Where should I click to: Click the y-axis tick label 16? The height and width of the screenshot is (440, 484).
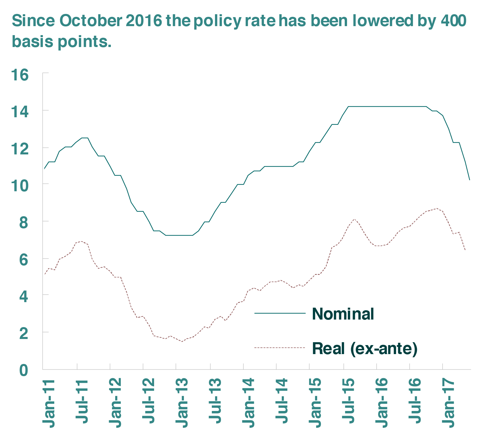pyautogui.click(x=20, y=75)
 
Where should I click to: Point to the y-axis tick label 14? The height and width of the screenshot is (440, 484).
pyautogui.click(x=20, y=112)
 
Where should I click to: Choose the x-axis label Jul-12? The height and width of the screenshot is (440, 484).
pyautogui.click(x=148, y=402)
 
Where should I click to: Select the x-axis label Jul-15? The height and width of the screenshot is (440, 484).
pyautogui.click(x=348, y=402)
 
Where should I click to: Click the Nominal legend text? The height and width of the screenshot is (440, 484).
pyautogui.click(x=343, y=314)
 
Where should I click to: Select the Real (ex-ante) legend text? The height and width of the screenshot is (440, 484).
pyautogui.click(x=364, y=348)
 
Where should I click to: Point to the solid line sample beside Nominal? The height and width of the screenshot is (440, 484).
pyautogui.click(x=280, y=313)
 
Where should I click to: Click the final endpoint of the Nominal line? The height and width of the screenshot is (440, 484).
pyautogui.click(x=469, y=180)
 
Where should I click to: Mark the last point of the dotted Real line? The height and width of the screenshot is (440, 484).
pyautogui.click(x=465, y=250)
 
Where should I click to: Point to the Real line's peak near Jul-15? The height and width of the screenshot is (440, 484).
pyautogui.click(x=354, y=219)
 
